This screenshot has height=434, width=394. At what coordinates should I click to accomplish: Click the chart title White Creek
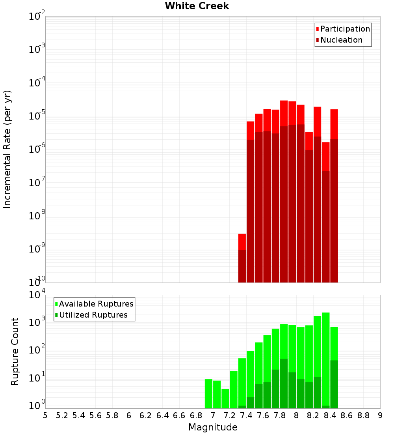point(197,6)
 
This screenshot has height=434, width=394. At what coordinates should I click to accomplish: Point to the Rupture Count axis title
point(15,352)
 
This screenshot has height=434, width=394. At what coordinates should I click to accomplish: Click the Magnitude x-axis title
point(213,427)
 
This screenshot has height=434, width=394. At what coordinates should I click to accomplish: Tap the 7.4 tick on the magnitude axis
point(246,415)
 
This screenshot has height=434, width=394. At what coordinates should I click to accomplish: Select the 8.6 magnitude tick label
point(347,415)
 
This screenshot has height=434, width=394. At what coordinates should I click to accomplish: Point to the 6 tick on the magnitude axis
point(129,415)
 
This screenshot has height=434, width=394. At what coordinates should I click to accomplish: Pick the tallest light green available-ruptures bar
point(326,359)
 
